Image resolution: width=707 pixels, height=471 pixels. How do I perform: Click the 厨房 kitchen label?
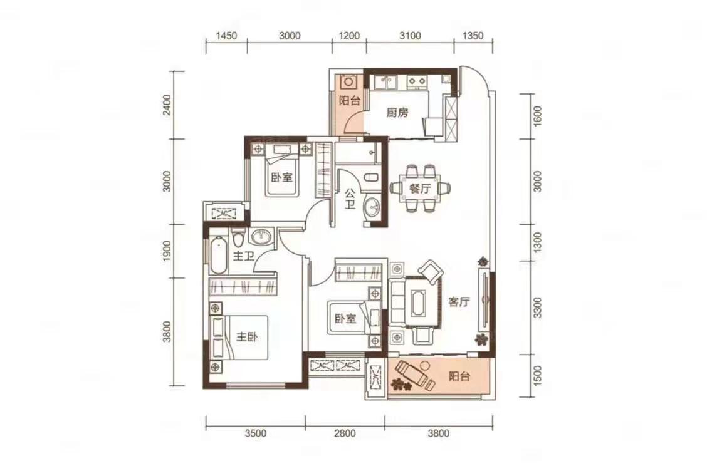click(x=397, y=112)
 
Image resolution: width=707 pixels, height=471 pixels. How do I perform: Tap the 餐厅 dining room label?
click(x=419, y=189)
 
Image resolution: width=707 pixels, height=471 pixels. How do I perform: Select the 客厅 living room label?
click(x=459, y=301)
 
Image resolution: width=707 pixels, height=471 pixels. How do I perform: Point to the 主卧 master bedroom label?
click(x=247, y=337)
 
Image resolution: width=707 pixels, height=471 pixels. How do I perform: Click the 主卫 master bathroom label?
click(x=243, y=256)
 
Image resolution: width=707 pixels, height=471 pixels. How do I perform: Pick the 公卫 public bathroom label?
click(x=350, y=199)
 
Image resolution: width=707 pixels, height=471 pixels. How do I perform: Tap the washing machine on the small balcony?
click(x=349, y=83)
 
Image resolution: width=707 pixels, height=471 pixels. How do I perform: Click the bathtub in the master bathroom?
click(x=219, y=255)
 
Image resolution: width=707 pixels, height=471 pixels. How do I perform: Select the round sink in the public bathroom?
click(x=372, y=207)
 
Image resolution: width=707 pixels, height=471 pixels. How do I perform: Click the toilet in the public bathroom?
click(x=372, y=178)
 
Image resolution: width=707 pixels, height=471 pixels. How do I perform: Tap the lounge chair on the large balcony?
click(x=412, y=374)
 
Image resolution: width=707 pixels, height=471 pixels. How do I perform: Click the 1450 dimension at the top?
click(x=226, y=36)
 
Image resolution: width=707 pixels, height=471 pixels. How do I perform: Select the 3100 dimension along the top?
click(x=411, y=36)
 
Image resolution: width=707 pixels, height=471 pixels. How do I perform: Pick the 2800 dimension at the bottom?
click(x=345, y=433)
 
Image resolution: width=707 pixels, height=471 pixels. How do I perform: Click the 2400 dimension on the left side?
click(x=168, y=105)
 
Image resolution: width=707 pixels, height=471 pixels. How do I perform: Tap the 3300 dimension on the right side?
click(x=537, y=308)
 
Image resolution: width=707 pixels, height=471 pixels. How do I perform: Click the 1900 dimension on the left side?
click(x=168, y=251)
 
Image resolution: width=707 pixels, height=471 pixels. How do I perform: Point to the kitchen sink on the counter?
click(x=385, y=82)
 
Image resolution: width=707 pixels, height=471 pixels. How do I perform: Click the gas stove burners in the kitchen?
click(x=417, y=81)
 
